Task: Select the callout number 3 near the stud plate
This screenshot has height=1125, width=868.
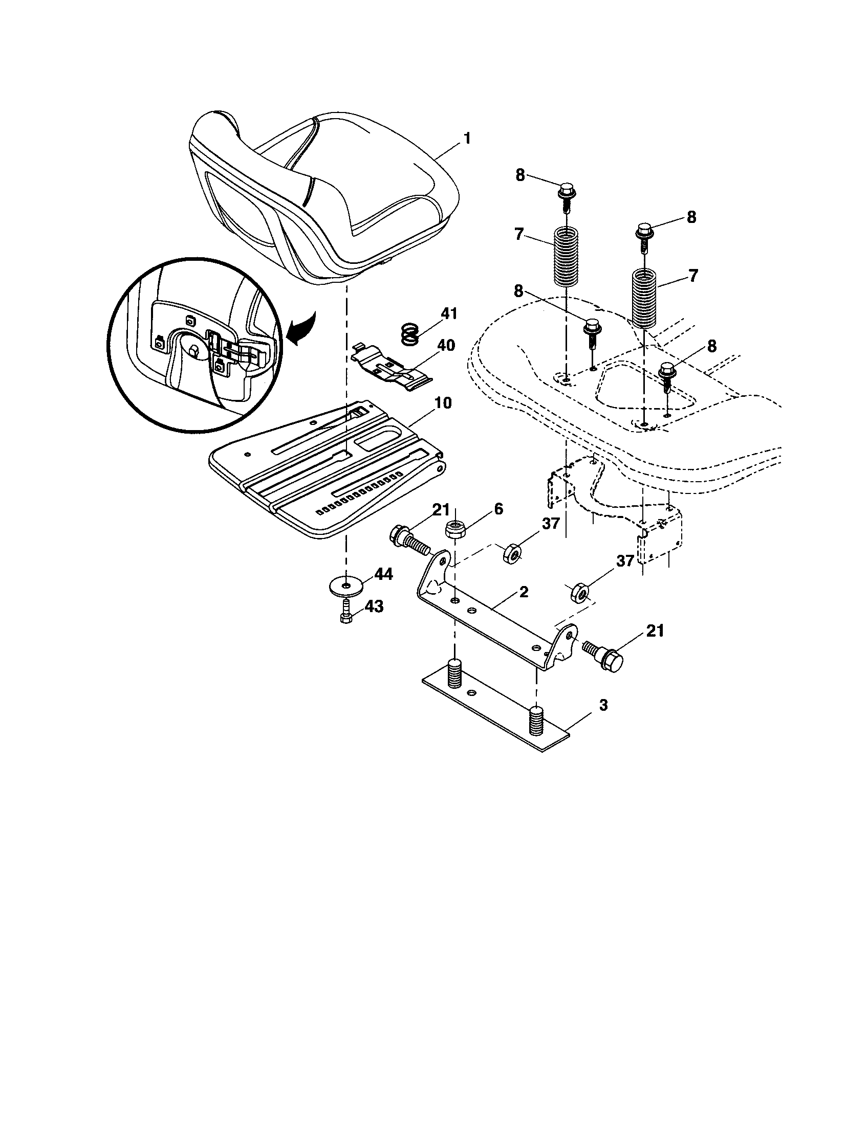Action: point(603,705)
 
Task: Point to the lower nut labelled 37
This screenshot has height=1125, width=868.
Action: point(579,594)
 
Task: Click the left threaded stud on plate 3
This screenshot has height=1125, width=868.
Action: point(454,672)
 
